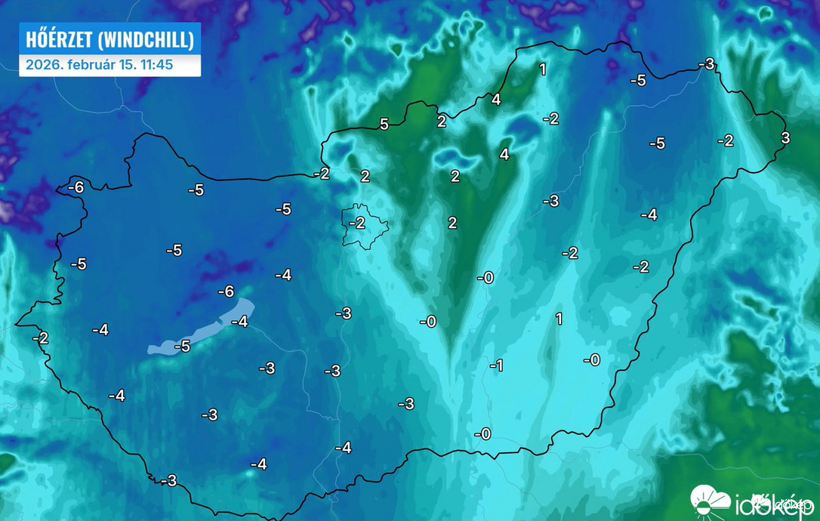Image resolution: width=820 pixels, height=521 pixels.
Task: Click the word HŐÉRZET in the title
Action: pyautogui.click(x=55, y=39)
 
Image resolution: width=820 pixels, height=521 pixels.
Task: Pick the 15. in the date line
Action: pyautogui.click(x=128, y=65)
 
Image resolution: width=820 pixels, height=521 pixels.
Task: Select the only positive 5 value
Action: pyautogui.click(x=384, y=124)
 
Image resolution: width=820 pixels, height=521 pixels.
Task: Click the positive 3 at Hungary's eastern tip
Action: pyautogui.click(x=785, y=137)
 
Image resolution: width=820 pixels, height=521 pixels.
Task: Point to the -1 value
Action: pyautogui.click(x=496, y=365)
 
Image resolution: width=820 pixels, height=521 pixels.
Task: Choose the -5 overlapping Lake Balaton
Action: pyautogui.click(x=182, y=347)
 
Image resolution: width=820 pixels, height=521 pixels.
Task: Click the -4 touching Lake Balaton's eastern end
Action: pyautogui.click(x=239, y=322)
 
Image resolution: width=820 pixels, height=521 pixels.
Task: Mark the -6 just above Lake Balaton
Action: pyautogui.click(x=226, y=291)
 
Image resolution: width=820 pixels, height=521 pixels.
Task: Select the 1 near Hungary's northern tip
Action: pyautogui.click(x=542, y=69)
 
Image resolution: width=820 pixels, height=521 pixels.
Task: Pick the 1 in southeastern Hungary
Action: pyautogui.click(x=559, y=319)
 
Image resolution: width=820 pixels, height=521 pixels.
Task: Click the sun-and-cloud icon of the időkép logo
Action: pyautogui.click(x=709, y=499)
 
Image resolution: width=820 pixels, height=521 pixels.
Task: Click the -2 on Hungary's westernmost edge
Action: pyautogui.click(x=40, y=338)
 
